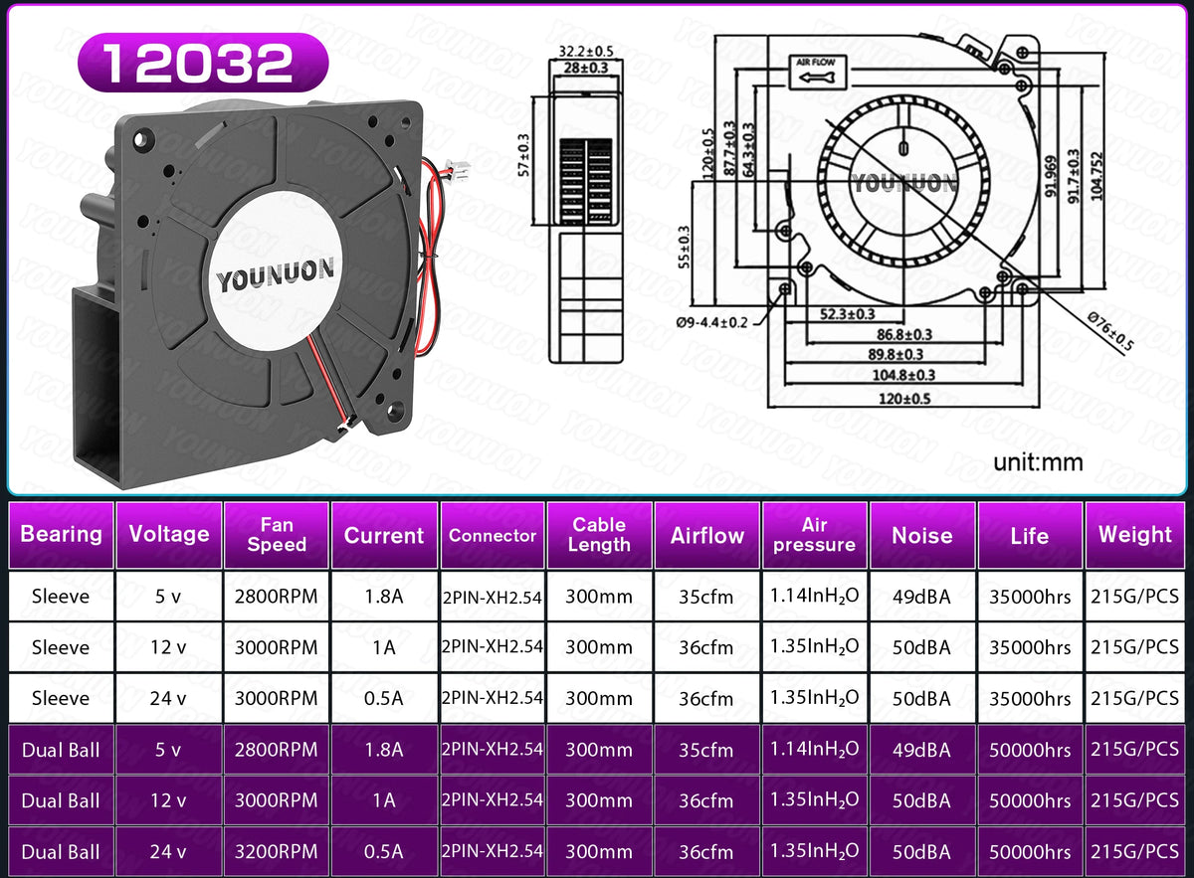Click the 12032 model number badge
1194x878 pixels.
203,63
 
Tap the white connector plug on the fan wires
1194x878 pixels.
458,170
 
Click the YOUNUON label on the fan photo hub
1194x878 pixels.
275,275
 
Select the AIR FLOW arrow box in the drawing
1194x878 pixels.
818,72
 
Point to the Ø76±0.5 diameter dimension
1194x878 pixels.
1109,331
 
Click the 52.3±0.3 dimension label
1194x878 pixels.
847,314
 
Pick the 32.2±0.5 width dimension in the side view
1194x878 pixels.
586,51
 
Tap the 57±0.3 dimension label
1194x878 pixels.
524,155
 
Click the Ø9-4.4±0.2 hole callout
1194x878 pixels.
711,322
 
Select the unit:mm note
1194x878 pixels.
1038,462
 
